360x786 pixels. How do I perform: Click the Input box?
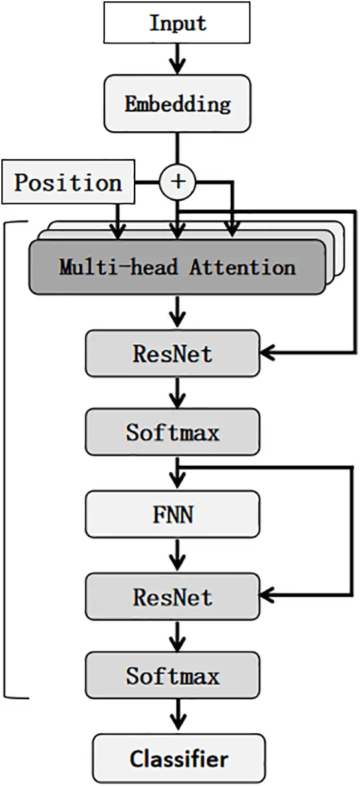(x=177, y=24)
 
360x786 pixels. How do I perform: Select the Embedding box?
(x=177, y=104)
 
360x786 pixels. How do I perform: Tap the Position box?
(x=68, y=183)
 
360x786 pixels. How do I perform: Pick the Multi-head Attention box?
(x=177, y=267)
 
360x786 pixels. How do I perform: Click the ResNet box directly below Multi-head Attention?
(x=172, y=353)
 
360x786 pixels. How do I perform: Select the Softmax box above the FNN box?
(x=172, y=432)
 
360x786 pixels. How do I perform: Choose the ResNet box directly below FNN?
(x=172, y=596)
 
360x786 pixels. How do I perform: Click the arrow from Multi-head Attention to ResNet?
(x=177, y=311)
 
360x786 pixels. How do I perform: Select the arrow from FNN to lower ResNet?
(x=177, y=555)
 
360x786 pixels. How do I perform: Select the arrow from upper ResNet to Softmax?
(x=177, y=393)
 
